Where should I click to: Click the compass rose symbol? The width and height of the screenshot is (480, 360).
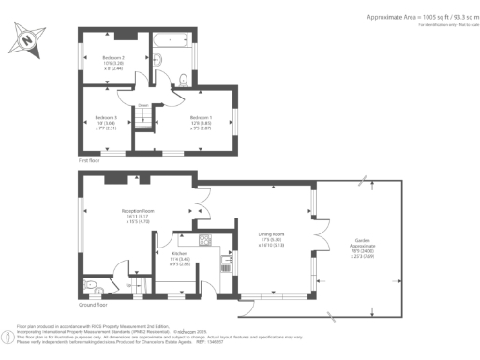(26, 42)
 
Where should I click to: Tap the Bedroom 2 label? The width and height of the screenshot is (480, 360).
(113, 63)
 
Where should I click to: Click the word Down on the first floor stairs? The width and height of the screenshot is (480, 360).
(143, 105)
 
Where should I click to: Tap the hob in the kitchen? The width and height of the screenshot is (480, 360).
(202, 238)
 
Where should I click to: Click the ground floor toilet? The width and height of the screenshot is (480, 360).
(89, 287)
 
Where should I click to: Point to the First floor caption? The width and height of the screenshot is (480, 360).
(90, 161)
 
